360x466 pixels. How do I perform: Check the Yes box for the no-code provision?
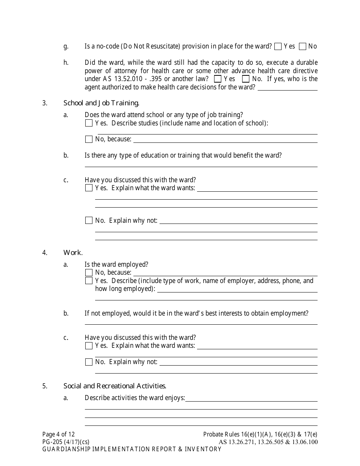pos(278,47)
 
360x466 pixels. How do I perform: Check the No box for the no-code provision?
pos(302,47)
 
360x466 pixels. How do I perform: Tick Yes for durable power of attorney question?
pos(218,79)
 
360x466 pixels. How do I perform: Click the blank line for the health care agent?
pos(287,88)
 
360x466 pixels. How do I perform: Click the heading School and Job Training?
pos(101,103)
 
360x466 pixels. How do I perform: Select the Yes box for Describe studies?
pos(89,123)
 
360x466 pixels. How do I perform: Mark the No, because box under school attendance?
pos(89,139)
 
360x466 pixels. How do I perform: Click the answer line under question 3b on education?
pos(201,164)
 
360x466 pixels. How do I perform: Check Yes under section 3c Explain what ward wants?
pos(89,188)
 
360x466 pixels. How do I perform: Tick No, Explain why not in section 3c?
pos(89,220)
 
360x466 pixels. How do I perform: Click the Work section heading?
pos(73,253)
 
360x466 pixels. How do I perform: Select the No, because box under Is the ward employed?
pos(89,273)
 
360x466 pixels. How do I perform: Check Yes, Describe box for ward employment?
pos(89,281)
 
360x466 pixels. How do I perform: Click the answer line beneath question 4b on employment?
pos(201,322)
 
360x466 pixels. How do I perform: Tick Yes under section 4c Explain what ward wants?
pos(89,346)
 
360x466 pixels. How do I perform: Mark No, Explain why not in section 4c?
pos(89,362)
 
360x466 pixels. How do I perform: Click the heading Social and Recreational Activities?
pos(115,386)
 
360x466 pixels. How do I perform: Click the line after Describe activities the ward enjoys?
pos(251,399)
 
